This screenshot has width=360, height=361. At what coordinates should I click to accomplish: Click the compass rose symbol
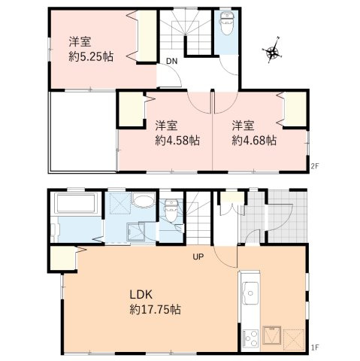coord(273,52)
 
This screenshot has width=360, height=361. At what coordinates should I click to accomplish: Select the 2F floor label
coord(315,165)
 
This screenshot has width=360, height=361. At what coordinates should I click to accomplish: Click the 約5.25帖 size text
coord(90,56)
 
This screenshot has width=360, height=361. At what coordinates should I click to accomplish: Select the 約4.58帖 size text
coord(177,140)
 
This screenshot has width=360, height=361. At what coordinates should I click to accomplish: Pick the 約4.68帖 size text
coord(254,140)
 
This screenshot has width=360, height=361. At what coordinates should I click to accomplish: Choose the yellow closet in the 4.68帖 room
coord(296,109)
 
